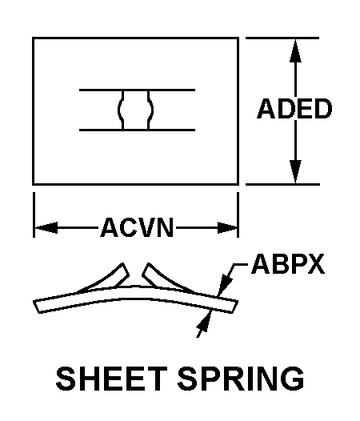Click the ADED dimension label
(294, 109)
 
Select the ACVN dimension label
(137, 227)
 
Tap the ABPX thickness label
(288, 263)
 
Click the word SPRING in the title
(241, 379)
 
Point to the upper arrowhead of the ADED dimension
(295, 51)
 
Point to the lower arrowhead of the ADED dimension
(295, 172)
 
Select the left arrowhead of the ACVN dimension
(46, 227)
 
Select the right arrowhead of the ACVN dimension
(227, 227)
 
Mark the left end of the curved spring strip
(37, 307)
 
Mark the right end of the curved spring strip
(234, 307)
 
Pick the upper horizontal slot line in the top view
(137, 90)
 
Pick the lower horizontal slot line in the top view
(137, 130)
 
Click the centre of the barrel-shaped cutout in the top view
(135, 110)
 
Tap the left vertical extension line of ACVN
(34, 215)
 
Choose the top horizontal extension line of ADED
(282, 38)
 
